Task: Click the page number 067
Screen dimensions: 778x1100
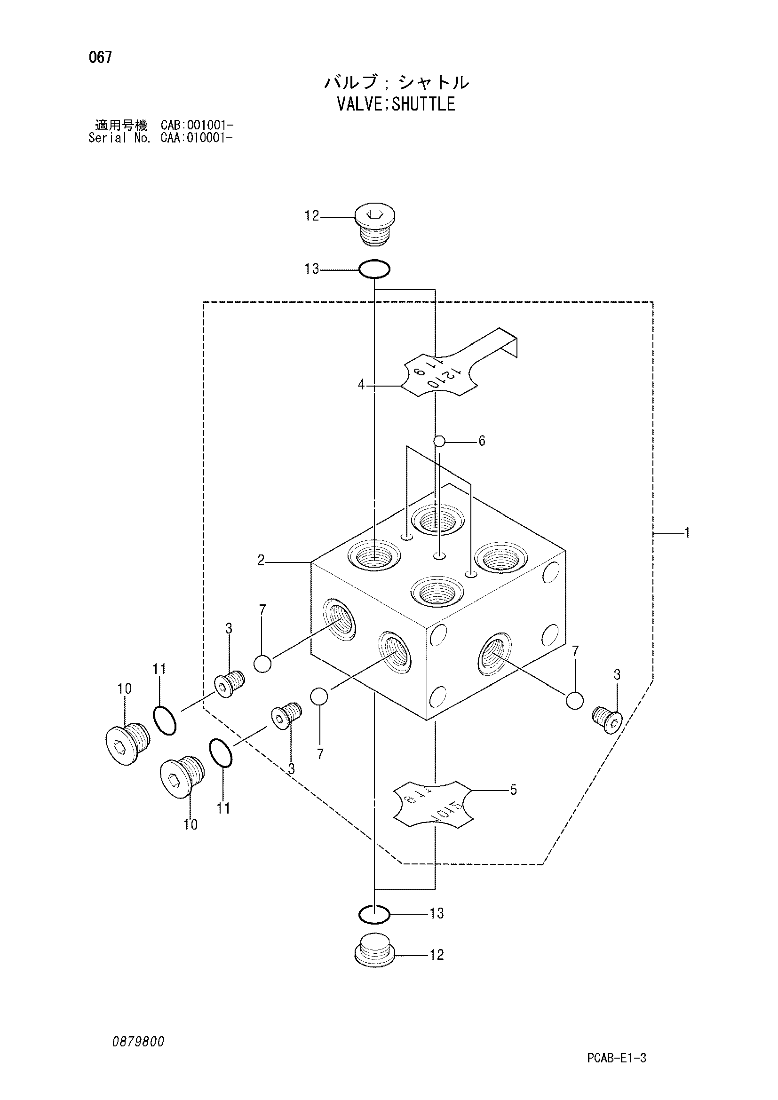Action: click(x=100, y=57)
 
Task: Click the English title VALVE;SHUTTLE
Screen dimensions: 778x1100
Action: click(x=396, y=104)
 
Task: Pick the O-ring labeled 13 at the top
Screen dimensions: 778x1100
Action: click(x=374, y=269)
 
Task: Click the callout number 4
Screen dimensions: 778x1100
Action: click(x=361, y=384)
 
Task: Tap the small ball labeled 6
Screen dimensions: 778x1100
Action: click(x=439, y=441)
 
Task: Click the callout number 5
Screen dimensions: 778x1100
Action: click(x=514, y=790)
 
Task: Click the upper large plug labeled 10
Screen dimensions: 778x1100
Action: click(x=128, y=740)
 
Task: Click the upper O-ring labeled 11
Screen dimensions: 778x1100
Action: click(x=165, y=720)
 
